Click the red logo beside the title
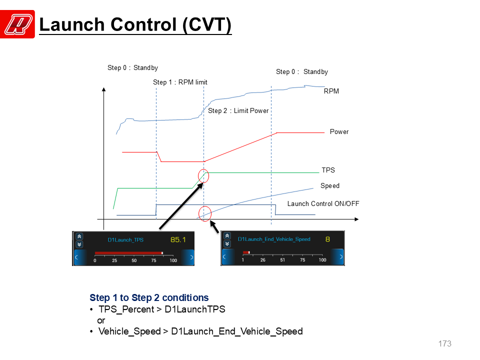(x=17, y=24)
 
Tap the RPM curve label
(x=331, y=91)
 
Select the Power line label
(x=339, y=131)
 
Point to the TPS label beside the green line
(x=328, y=170)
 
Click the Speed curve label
(x=330, y=186)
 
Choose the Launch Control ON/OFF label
(x=323, y=204)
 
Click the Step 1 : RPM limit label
(x=180, y=82)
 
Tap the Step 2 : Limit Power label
(x=238, y=111)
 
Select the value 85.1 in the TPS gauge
(x=178, y=239)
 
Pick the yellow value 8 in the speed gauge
(x=327, y=239)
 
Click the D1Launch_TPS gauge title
(x=125, y=240)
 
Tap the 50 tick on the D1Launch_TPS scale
(x=134, y=260)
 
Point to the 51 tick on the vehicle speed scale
(x=282, y=260)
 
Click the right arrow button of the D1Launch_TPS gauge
(x=188, y=257)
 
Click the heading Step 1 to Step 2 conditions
(x=149, y=298)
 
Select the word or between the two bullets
(x=101, y=321)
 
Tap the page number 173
(x=445, y=344)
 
